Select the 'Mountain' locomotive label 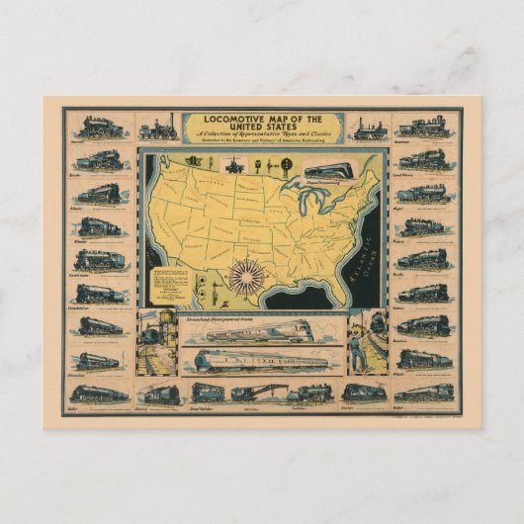(403, 338)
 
